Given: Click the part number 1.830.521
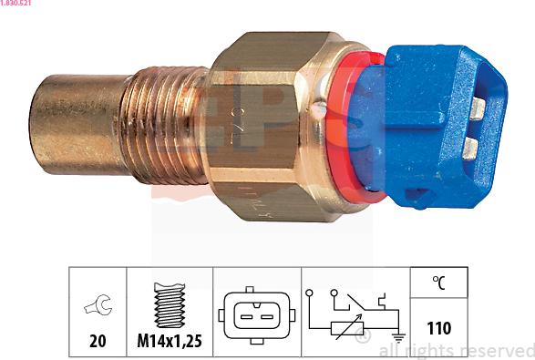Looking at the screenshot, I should (18, 5).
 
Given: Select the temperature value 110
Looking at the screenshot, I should (438, 327).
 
